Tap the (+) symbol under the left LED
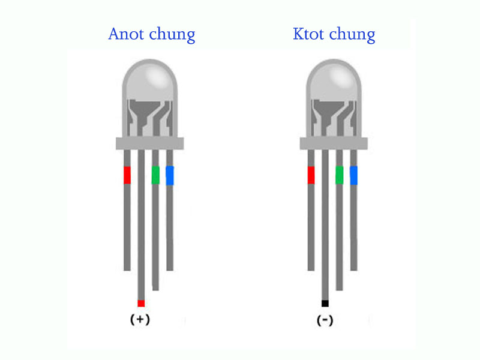140,320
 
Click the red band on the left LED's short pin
127,175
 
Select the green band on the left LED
155,175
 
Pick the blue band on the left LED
170,175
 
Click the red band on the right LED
311,175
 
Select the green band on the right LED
340,175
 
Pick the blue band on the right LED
353,175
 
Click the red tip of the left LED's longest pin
141,303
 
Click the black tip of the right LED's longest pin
325,303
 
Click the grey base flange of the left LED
149,143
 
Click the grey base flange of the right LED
333,143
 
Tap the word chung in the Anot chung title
173,35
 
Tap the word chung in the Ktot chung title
354,35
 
